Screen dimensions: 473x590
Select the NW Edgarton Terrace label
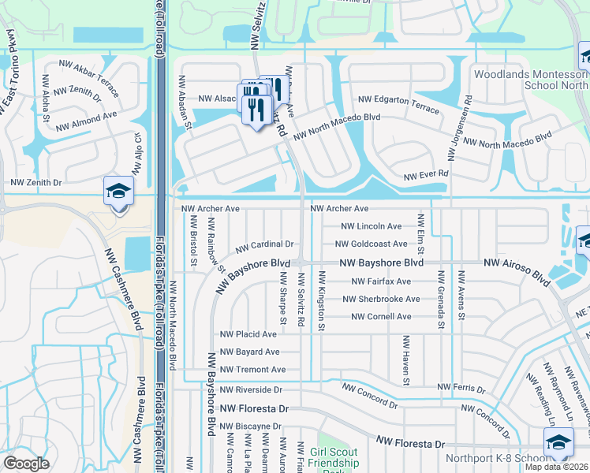[x=398, y=103]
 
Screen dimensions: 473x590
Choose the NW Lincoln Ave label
[x=372, y=226]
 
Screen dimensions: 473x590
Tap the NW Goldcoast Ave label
[x=374, y=244]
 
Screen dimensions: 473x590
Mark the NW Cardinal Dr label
[x=264, y=244]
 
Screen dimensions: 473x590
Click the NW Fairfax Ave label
[x=382, y=281]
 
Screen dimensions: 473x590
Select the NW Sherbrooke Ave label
[x=382, y=299]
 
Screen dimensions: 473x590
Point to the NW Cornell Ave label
[x=382, y=317]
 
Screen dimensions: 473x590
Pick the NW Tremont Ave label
[x=253, y=370]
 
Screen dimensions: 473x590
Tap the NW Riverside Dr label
[x=251, y=389]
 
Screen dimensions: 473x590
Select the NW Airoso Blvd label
[x=517, y=268]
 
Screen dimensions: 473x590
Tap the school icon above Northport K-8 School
[x=558, y=443]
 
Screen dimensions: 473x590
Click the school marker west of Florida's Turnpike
[x=118, y=192]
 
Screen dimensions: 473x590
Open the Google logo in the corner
[x=26, y=464]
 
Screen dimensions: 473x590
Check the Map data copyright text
[x=557, y=467]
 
